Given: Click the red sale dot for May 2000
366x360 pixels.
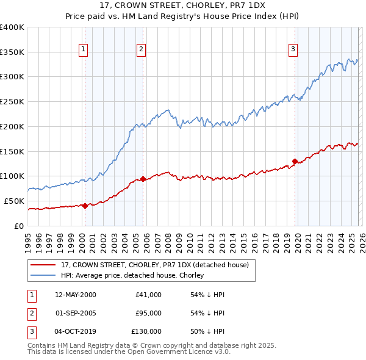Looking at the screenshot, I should pyautogui.click(x=85, y=206).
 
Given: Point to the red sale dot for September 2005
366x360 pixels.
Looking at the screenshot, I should pyautogui.click(x=143, y=179).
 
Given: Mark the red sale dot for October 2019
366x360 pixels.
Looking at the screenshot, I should pyautogui.click(x=295, y=162).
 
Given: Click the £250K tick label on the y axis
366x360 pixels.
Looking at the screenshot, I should pyautogui.click(x=12, y=101).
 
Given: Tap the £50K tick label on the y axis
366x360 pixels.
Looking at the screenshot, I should pyautogui.click(x=14, y=201).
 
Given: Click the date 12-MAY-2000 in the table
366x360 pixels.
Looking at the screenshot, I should pyautogui.click(x=76, y=295).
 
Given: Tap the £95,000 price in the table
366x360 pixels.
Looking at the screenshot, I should pyautogui.click(x=148, y=313).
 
